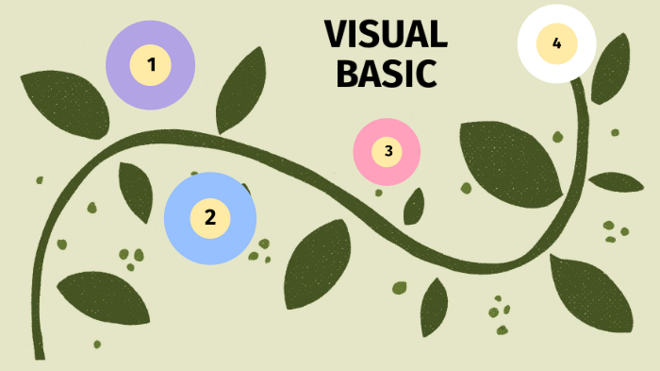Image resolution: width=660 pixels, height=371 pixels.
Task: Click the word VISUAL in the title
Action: point(385,35)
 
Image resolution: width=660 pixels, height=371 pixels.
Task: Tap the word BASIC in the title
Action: point(386,74)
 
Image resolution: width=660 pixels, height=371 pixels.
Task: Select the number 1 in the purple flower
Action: point(151,64)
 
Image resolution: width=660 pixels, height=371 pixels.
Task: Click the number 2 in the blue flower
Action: point(210,217)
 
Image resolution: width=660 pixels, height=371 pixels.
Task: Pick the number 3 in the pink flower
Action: point(388,150)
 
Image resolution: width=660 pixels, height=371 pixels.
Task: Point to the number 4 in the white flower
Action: point(556,42)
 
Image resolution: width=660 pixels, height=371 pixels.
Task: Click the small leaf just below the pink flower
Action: point(413,206)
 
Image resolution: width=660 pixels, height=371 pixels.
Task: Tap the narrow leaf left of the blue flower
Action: point(136,191)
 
